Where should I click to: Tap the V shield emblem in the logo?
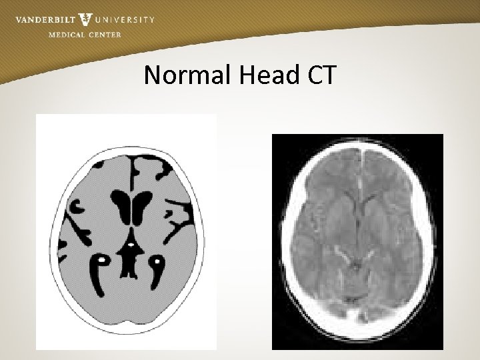pos(85,19)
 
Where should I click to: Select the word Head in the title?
pos(264,77)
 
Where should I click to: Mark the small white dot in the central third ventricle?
pos(132,245)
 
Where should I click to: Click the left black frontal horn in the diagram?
pos(122,203)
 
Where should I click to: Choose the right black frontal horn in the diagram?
pos(142,203)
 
